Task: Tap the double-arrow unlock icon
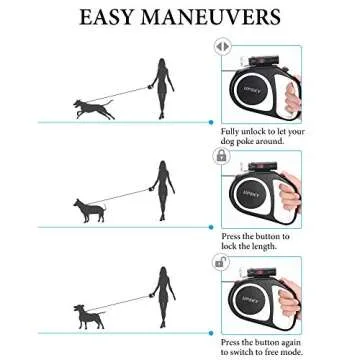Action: [222, 46]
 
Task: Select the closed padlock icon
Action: [222, 155]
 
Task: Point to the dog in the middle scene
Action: [91, 209]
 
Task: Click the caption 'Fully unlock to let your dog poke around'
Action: [262, 136]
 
